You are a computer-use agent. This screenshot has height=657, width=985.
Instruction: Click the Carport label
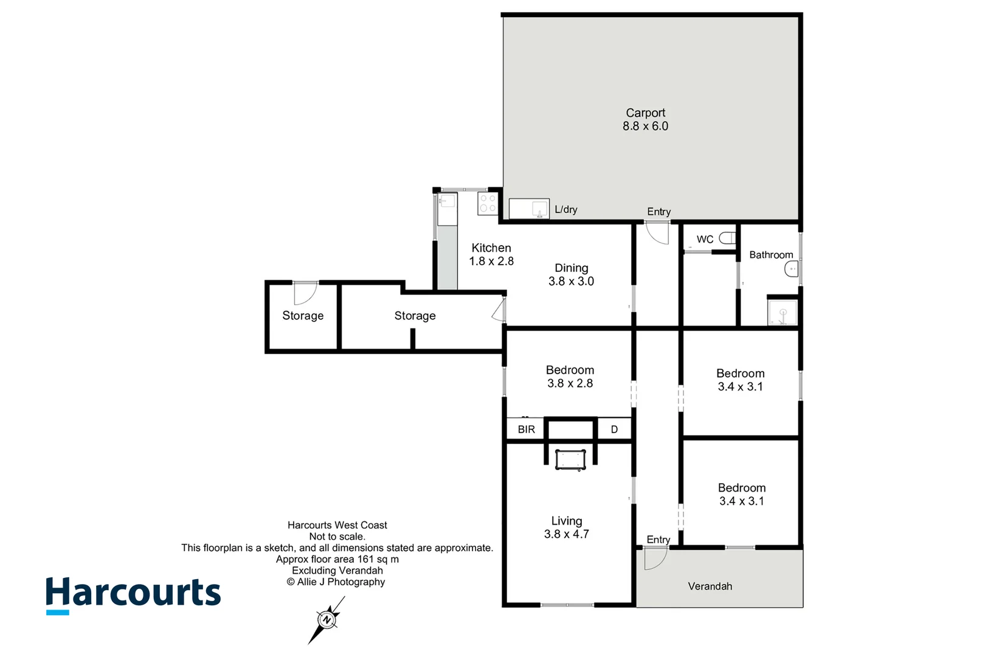(645, 113)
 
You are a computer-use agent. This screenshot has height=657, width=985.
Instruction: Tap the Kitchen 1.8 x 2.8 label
(491, 254)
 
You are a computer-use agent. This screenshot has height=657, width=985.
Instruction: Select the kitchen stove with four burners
(488, 203)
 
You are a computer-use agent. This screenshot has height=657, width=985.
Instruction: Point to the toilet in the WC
(727, 238)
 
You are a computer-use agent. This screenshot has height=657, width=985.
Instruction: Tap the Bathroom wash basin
(792, 269)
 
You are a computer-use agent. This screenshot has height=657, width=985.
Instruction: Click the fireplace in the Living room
(570, 459)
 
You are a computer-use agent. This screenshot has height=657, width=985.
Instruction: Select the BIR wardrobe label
(526, 429)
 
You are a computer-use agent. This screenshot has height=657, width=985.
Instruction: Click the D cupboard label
(614, 429)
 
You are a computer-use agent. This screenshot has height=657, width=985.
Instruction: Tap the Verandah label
(710, 586)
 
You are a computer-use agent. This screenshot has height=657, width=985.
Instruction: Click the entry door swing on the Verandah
(654, 558)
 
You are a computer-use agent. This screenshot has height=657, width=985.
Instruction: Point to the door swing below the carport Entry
(657, 233)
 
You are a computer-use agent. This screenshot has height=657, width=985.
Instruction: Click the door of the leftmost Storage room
(305, 293)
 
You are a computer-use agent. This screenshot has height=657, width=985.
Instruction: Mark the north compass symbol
(327, 620)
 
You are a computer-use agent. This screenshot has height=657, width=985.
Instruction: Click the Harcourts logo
(133, 594)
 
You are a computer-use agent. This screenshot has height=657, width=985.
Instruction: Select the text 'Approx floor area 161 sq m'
(337, 559)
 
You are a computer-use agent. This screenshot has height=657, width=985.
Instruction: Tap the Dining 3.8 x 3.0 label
(571, 274)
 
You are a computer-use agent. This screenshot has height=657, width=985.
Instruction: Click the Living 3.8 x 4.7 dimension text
(566, 534)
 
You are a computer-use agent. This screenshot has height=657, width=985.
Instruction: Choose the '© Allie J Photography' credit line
(336, 582)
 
